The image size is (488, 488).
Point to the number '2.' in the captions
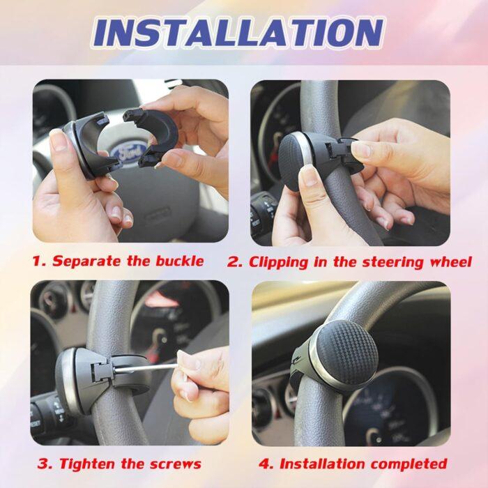(236, 262)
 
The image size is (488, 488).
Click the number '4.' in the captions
(267, 464)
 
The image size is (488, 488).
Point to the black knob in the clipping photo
(296, 160)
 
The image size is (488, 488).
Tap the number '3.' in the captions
(45, 464)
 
